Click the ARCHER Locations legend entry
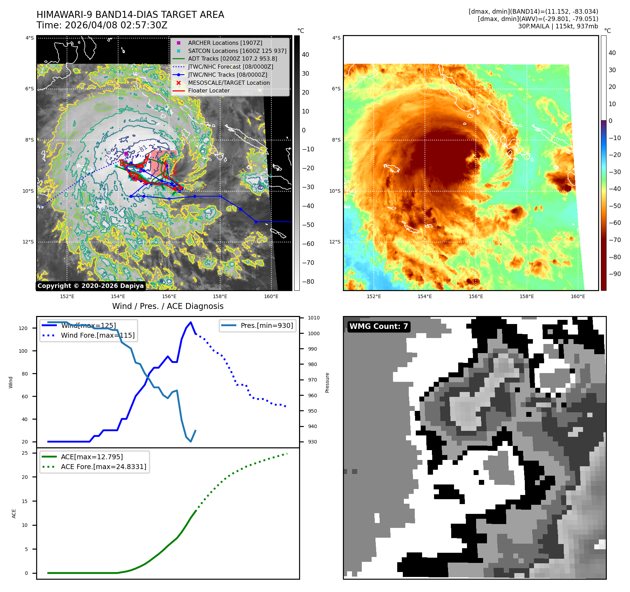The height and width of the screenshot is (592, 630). click(x=225, y=43)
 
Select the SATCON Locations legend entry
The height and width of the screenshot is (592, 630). click(x=237, y=51)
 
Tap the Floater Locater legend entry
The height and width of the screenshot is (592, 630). click(x=209, y=90)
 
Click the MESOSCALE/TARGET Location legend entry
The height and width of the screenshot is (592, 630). click(x=229, y=83)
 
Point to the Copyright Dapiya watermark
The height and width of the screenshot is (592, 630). click(x=90, y=286)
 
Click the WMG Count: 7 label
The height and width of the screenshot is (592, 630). click(x=379, y=326)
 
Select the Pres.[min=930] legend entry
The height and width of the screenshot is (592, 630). click(x=266, y=325)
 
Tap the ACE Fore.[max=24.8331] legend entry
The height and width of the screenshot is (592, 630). click(x=103, y=467)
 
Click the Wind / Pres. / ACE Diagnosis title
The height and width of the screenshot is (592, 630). click(x=168, y=306)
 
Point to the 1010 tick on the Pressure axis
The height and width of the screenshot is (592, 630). click(x=314, y=318)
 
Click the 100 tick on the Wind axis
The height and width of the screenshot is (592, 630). click(x=23, y=351)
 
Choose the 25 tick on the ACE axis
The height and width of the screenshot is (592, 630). click(x=25, y=453)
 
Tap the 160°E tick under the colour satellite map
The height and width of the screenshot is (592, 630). click(x=578, y=296)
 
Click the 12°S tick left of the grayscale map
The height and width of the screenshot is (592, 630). click(x=28, y=242)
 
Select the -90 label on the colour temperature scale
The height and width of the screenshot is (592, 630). click(x=615, y=274)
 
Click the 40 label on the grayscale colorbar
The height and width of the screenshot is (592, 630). click(x=305, y=55)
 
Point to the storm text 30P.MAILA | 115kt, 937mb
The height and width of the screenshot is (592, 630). click(x=558, y=26)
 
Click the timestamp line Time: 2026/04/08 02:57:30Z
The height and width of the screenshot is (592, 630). click(x=102, y=25)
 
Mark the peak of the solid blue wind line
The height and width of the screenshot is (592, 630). click(x=191, y=322)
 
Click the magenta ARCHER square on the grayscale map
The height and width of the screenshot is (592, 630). click(x=126, y=153)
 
